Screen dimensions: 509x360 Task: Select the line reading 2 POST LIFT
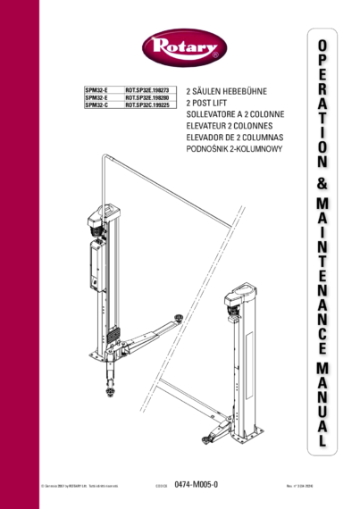208,104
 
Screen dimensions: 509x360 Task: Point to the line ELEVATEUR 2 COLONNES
230,127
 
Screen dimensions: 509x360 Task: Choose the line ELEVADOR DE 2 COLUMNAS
234,138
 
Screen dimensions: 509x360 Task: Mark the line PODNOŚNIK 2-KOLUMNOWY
234,150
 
